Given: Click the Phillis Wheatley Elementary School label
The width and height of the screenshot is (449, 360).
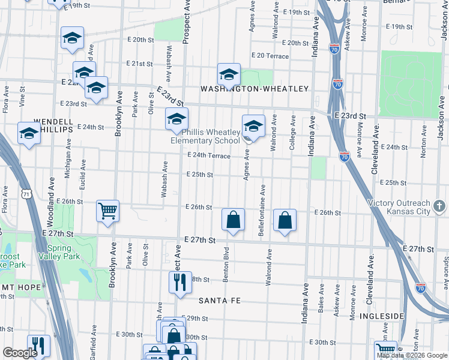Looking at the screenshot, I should click(205, 136).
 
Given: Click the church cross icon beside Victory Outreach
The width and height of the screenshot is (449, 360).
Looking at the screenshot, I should click(439, 207).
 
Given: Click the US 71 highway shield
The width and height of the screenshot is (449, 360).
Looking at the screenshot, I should click(26, 194).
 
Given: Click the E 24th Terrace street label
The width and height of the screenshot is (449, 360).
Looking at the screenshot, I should click(209, 155).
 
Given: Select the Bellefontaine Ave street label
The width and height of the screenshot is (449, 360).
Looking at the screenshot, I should click(262, 210).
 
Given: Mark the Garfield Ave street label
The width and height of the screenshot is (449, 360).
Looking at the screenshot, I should click(94, 340).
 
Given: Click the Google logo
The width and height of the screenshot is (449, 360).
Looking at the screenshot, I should click(20, 353).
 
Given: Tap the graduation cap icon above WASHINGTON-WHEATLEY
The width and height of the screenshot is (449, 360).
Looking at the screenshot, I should click(229, 74).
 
